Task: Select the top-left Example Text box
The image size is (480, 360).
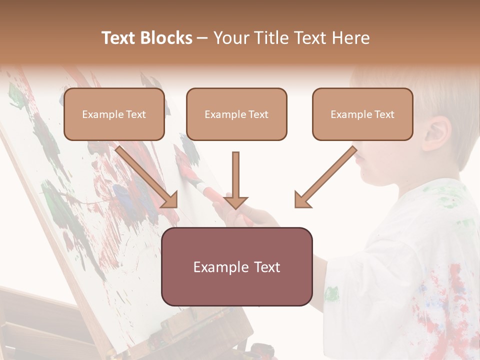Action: (114, 114)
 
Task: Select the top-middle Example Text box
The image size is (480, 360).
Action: (236, 114)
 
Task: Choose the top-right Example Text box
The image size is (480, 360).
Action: (362, 114)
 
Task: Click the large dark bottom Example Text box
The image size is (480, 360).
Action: (236, 266)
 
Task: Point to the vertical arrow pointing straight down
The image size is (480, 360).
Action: (236, 180)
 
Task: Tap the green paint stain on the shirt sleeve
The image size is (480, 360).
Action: (331, 293)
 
